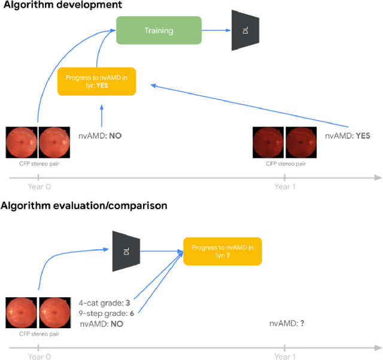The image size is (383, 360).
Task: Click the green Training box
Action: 159,29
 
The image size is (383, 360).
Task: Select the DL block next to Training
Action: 246,29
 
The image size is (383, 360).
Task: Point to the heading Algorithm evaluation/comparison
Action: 84,205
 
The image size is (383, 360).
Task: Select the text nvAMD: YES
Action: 347,136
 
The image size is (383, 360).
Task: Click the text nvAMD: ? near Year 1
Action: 286,323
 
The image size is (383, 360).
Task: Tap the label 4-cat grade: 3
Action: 105,302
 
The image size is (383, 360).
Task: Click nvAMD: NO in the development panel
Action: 100,136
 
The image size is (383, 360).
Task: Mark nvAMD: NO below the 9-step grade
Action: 102,323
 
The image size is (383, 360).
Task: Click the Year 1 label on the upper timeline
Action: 285,187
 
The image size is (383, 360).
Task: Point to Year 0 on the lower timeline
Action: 39,356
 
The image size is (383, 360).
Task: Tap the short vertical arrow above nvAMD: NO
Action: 102,114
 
